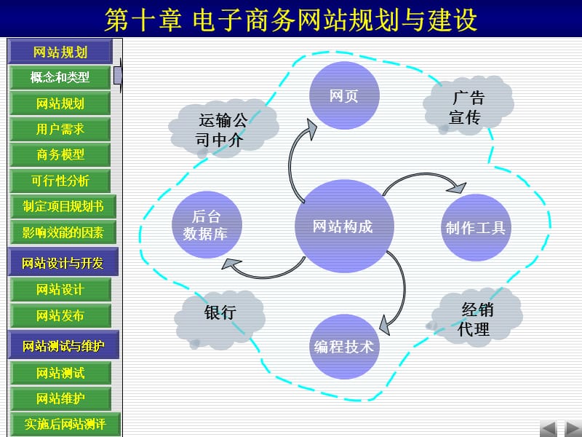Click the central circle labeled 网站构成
343,226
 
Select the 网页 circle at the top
344,95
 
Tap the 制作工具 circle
476,227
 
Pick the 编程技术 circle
343,346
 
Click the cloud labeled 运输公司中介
227,128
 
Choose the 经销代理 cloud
477,318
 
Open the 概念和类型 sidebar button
60,77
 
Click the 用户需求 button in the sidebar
60,129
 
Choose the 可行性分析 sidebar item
60,181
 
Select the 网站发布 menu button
60,315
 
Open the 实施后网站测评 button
65,423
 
